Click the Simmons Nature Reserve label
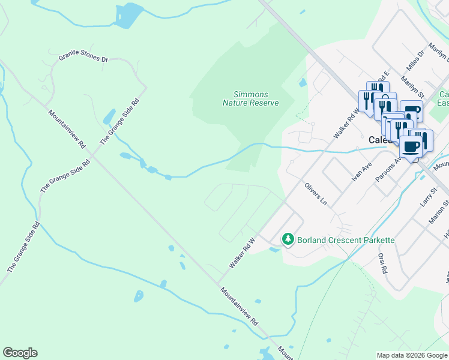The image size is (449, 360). [x=250, y=99]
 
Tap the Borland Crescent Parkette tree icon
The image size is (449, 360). [x=288, y=240]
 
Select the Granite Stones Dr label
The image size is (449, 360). [x=83, y=59]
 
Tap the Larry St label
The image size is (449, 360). [x=427, y=197]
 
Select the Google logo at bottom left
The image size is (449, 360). [x=20, y=353]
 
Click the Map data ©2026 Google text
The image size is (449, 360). [x=412, y=355]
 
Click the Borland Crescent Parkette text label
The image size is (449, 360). [x=346, y=240]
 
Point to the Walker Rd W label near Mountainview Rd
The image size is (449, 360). [x=242, y=253]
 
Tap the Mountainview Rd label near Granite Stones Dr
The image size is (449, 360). [x=67, y=129]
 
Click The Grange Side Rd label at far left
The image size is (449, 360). [x=23, y=247]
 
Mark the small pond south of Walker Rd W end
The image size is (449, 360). [x=139, y=296]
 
